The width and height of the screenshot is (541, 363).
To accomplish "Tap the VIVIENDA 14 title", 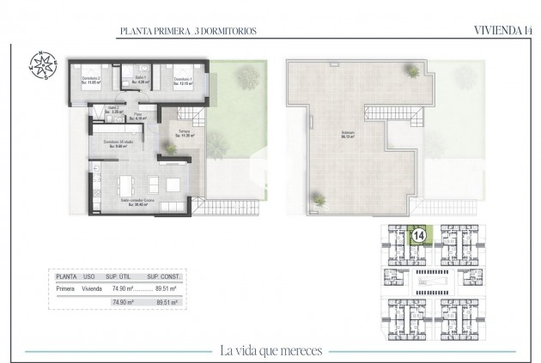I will point(501,31).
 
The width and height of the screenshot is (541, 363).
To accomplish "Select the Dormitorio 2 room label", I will point(92,81).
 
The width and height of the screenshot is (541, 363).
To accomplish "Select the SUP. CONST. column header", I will point(162,277).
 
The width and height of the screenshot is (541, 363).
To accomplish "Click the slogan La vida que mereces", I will point(271,348).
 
